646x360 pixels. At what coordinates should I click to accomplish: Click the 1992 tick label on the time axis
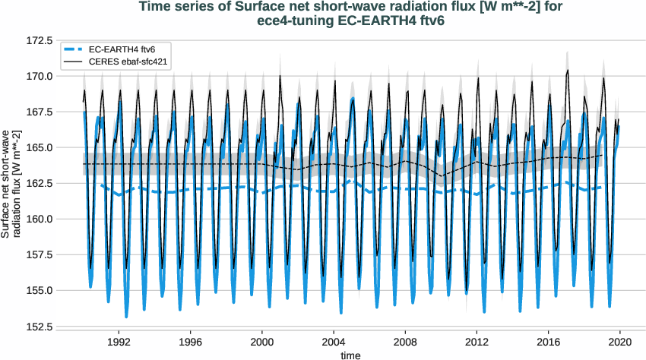coord(119,342)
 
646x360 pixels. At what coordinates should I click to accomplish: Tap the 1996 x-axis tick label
coord(190,342)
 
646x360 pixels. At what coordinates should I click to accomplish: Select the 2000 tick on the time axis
coord(262,342)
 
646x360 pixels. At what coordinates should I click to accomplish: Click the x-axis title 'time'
coord(351,354)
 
